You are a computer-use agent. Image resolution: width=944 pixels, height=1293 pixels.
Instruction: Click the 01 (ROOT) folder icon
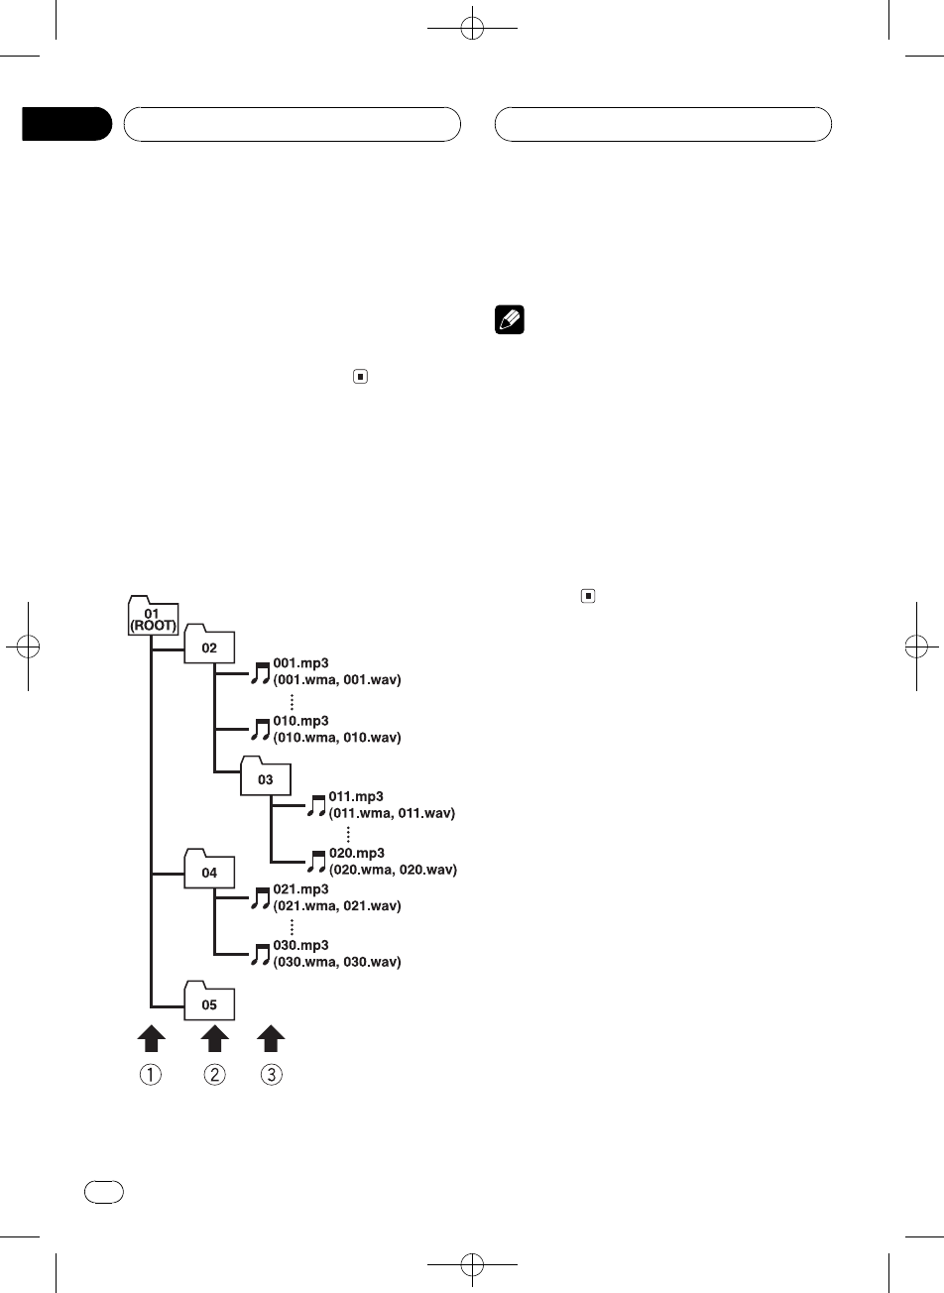point(152,616)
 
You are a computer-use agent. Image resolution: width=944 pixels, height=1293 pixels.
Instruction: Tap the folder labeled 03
point(265,777)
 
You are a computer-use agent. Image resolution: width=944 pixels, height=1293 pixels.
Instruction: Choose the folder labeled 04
point(208,872)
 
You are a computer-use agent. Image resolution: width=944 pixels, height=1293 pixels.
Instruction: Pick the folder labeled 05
point(208,1002)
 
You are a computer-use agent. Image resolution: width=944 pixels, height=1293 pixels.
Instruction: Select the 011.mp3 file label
point(356,796)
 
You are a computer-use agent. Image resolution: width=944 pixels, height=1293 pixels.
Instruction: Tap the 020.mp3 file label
point(357,853)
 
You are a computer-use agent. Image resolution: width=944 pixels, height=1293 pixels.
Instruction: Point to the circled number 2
point(215,1075)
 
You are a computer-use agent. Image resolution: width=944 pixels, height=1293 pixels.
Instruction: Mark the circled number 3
point(271,1075)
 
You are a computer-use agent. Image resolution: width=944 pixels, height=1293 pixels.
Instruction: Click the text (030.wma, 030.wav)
point(330,962)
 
